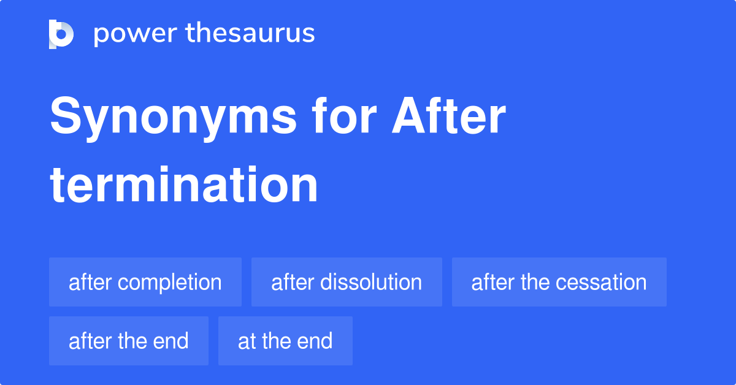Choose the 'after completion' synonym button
145,282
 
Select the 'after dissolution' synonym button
347,282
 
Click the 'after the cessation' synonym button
559,282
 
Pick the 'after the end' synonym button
129,341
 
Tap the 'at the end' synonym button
285,341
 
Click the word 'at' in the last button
247,341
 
